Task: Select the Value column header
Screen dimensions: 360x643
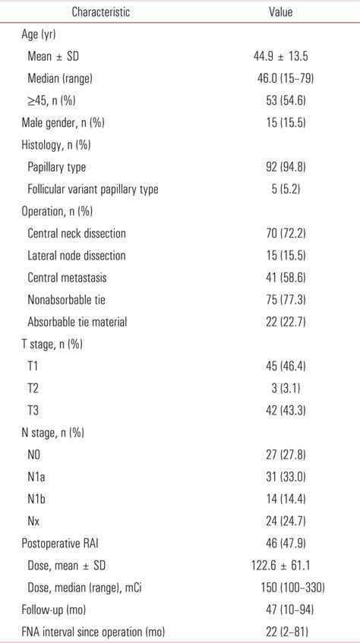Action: [280, 13]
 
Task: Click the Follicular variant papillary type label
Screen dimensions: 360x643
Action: [93, 189]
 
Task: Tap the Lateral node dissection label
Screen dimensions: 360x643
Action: [76, 256]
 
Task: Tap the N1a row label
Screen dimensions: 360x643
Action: [36, 478]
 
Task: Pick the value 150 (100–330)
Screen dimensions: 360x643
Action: [285, 588]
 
